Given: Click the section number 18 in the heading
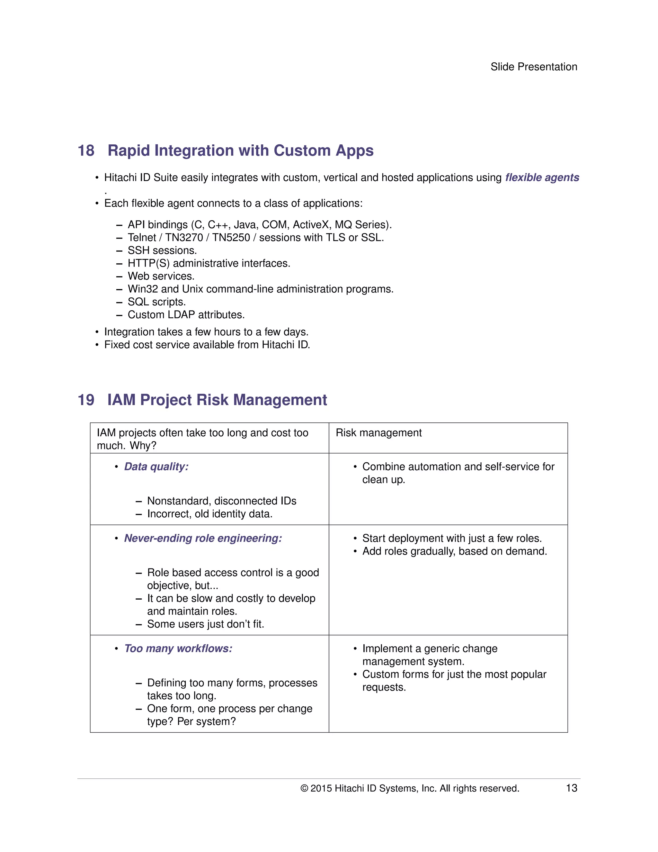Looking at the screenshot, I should coord(86,150).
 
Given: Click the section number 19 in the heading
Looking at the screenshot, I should coord(86,400).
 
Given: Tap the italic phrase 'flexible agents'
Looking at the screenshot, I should coord(542,177).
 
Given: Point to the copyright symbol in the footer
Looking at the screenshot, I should coord(304,788).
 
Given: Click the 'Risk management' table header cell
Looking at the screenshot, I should coord(378,433).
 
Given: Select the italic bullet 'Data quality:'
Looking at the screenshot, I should coord(156,467).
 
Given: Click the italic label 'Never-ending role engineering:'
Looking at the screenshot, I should coord(203,538).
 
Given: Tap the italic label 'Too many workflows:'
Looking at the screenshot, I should coord(178,648).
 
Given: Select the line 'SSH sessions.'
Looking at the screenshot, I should coord(162,250).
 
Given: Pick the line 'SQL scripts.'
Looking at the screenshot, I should coord(157,302).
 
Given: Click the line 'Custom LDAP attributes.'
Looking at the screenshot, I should coord(186,315).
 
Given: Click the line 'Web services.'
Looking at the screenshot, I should coord(161,276).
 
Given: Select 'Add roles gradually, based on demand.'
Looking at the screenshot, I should coord(455,551).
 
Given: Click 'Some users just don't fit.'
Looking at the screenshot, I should coord(205,624).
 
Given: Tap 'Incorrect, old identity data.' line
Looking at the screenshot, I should coord(210,514).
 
